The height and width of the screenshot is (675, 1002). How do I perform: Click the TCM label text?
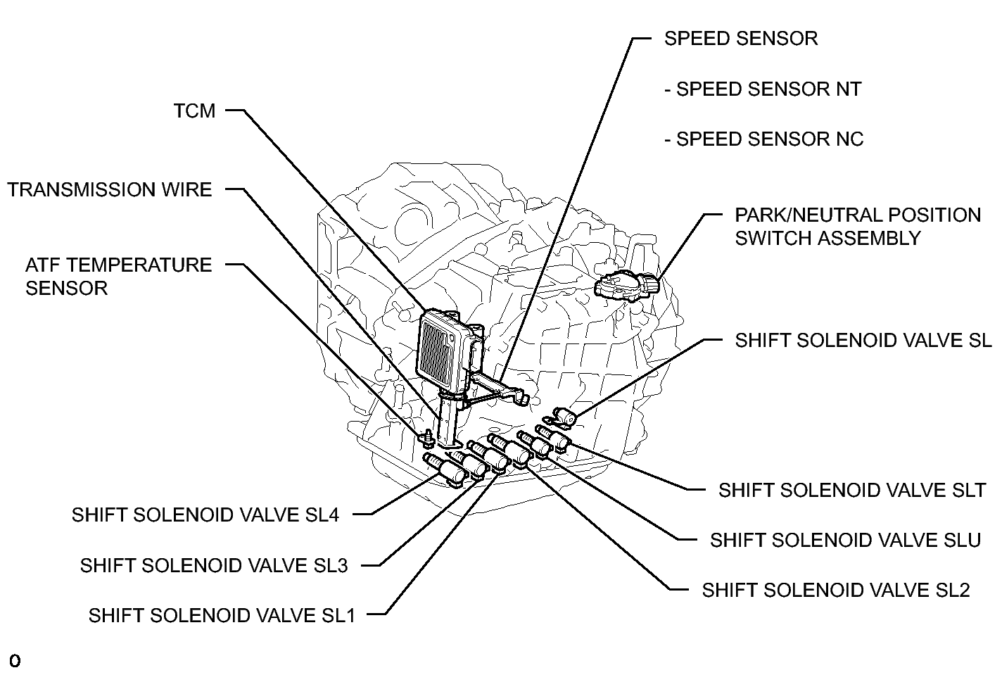[195, 111]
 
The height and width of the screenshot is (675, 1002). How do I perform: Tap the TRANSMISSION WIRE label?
[110, 189]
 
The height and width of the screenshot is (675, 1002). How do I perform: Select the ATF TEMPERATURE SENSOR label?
[118, 277]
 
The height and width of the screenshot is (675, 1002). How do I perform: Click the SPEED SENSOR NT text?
[763, 89]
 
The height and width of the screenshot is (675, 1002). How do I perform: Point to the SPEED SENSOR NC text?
[764, 139]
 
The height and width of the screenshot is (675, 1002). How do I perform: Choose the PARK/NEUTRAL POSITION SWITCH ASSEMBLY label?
[858, 227]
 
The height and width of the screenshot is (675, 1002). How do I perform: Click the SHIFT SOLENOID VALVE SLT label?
[852, 491]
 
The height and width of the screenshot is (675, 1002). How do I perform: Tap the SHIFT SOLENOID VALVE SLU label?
[846, 541]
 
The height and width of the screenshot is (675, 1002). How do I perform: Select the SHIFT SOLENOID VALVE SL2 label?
[836, 591]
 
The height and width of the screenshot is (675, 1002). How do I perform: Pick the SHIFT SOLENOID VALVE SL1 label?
[222, 615]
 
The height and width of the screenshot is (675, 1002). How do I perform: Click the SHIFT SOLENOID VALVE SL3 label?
[214, 565]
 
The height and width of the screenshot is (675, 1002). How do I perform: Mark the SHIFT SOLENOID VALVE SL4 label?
[205, 515]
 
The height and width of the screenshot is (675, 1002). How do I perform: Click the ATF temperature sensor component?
[428, 438]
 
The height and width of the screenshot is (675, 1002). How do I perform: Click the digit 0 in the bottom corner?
[15, 661]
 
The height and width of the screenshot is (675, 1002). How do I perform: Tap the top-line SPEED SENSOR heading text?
[741, 39]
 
